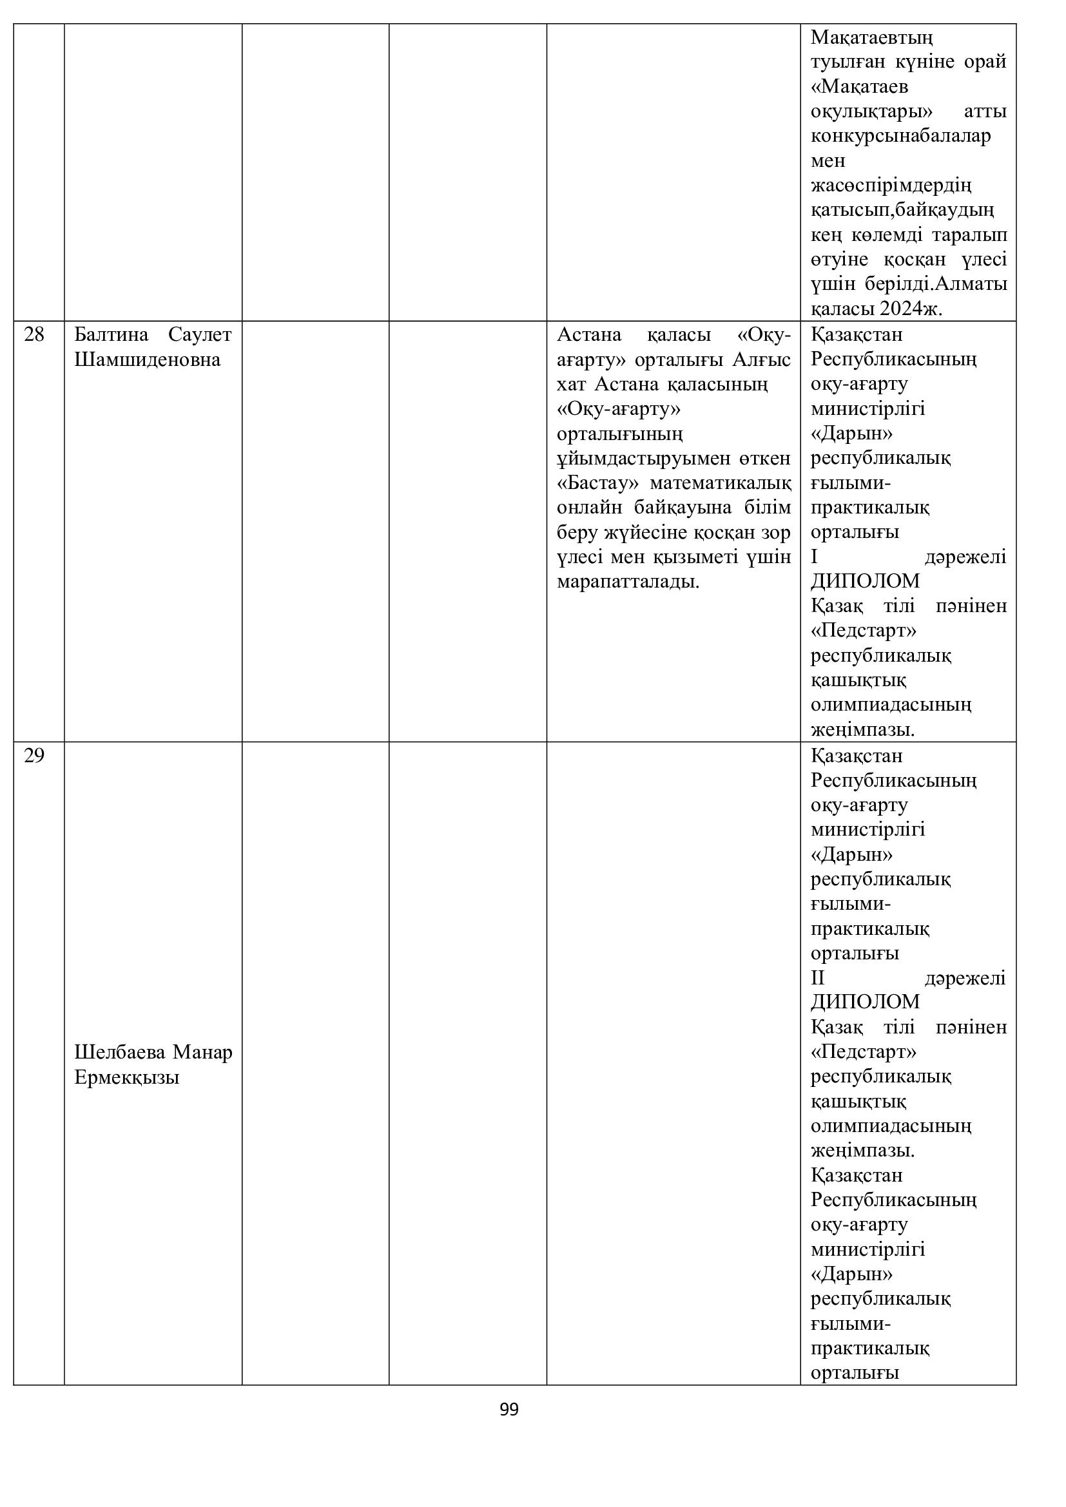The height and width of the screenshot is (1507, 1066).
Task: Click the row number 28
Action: coord(34,335)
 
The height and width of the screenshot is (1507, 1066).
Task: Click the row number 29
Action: coord(34,756)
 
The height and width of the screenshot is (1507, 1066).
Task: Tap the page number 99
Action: coord(509,1410)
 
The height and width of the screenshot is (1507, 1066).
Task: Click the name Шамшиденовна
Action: coord(147,360)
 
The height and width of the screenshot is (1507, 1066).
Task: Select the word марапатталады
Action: coord(628,582)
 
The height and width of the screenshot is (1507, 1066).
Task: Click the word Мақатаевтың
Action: coord(872,37)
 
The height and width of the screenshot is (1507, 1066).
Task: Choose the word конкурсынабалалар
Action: coord(900,136)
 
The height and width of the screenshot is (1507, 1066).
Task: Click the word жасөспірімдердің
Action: coord(891,185)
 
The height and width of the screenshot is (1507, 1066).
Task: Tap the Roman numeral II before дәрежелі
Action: coord(817,978)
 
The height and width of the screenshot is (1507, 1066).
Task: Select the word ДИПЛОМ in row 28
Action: coord(865,581)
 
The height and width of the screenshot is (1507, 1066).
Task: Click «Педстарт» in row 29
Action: coord(864,1052)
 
